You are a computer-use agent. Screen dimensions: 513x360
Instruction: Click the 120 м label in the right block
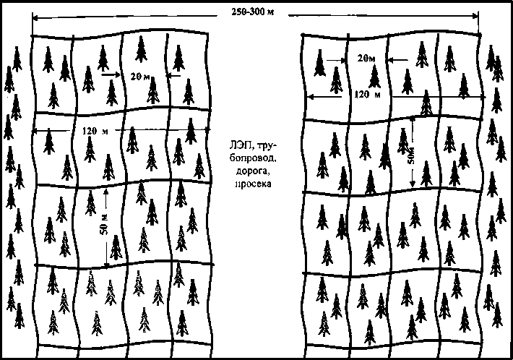pyautogui.click(x=368, y=95)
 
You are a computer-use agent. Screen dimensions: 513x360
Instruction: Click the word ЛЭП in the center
pyautogui.click(x=233, y=145)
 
